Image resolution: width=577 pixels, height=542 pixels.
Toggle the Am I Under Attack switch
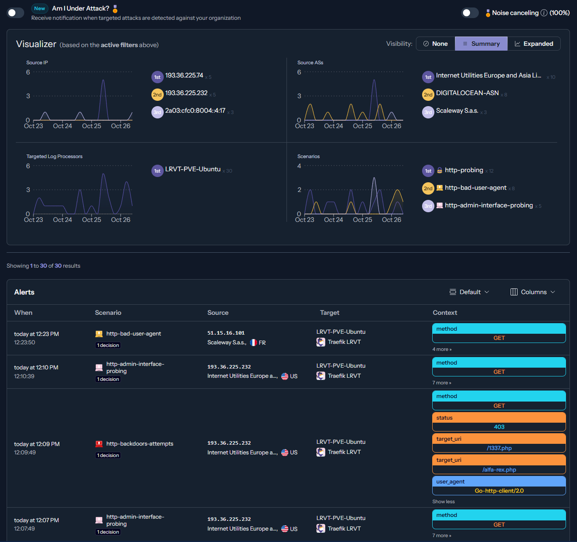tap(15, 13)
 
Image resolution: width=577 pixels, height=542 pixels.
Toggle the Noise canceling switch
tap(470, 13)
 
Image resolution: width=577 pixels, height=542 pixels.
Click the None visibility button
tap(435, 44)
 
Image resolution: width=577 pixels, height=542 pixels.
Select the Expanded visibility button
tap(533, 44)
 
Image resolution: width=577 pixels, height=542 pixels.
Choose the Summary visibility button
tap(481, 44)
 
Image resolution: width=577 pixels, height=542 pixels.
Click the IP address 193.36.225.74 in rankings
tap(184, 76)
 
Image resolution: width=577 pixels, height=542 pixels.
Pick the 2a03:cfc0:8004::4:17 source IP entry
tap(195, 111)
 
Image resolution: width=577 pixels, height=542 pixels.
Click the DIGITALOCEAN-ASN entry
tap(467, 93)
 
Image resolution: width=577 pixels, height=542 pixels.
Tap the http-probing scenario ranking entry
tap(463, 170)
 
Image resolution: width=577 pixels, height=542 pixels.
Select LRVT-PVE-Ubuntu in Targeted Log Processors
tap(192, 170)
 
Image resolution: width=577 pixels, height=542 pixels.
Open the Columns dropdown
tap(533, 292)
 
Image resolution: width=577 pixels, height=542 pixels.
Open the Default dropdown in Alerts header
tap(469, 292)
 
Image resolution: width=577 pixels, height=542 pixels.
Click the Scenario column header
tap(108, 313)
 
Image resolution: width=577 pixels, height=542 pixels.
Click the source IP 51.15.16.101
tap(226, 333)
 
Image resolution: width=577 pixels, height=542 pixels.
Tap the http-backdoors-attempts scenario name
tap(140, 444)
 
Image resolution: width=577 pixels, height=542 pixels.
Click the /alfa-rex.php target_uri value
tap(499, 469)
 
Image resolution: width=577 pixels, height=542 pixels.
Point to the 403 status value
tap(499, 427)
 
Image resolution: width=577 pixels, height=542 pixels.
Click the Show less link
tap(443, 501)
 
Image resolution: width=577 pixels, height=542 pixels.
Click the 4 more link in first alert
tap(441, 349)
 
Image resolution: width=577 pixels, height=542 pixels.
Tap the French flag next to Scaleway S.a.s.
tap(254, 343)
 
